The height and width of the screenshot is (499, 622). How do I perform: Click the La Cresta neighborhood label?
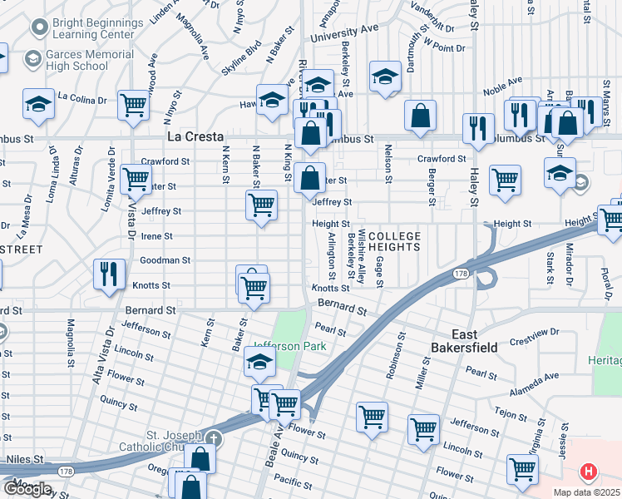click(x=195, y=136)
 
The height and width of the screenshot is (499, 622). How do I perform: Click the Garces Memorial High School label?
click(x=91, y=61)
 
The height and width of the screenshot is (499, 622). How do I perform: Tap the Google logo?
click(x=27, y=489)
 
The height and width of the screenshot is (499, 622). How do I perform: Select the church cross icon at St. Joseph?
click(x=214, y=437)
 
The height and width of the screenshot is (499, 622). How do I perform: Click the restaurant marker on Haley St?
click(x=477, y=127)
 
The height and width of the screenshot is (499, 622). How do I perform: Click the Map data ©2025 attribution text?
click(x=586, y=492)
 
